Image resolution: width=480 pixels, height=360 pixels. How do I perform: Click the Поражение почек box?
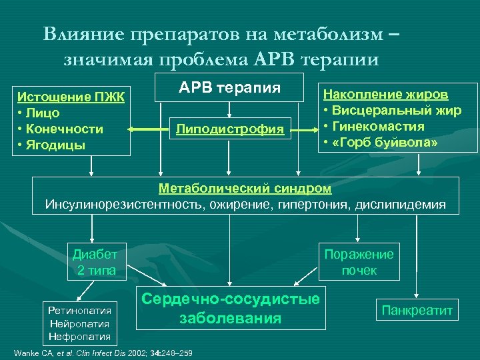[359, 262]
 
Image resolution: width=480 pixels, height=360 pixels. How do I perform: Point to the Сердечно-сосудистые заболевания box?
[230, 309]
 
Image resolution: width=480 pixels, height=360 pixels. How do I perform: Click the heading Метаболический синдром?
[245, 189]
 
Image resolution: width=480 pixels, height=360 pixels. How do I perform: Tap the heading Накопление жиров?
[385, 95]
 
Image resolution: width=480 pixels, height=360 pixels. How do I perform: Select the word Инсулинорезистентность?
[117, 204]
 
